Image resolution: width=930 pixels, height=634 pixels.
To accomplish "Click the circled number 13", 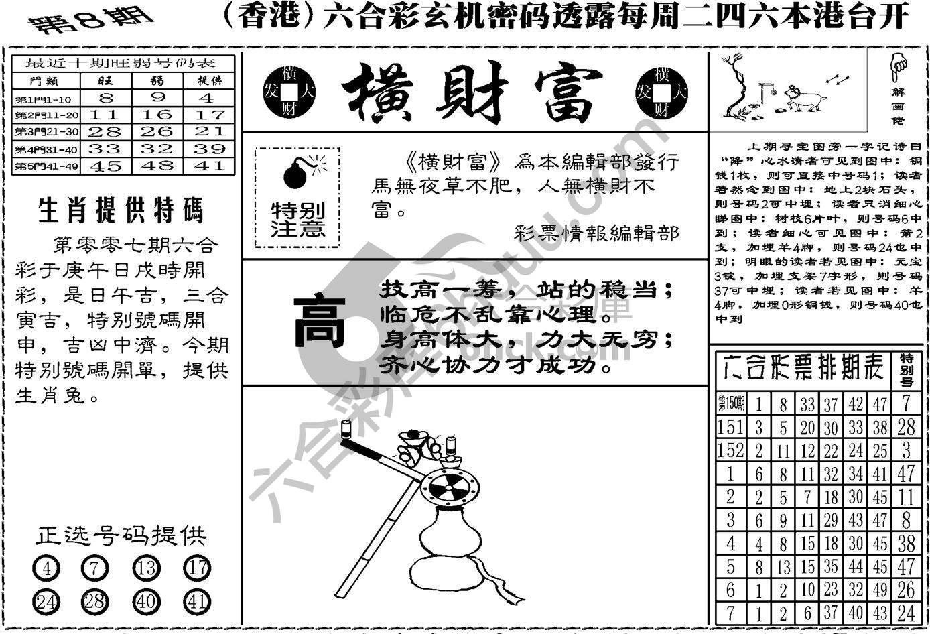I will [x=146, y=569].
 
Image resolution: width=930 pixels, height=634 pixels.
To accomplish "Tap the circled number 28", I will [x=95, y=601].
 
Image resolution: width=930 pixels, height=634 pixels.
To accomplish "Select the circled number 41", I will [x=196, y=601].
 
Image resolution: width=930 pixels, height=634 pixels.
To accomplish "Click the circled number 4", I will [x=46, y=569].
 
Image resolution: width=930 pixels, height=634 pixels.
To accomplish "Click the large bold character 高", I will [x=320, y=322].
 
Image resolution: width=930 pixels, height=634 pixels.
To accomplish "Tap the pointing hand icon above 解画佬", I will [x=898, y=66].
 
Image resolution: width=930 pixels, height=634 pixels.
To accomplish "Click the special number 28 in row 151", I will [x=906, y=427].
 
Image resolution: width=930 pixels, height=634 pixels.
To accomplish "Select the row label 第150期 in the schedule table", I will [x=730, y=404].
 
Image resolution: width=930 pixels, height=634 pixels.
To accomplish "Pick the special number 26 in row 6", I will [x=906, y=590].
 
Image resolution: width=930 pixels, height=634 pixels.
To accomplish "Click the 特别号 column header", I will [x=906, y=371].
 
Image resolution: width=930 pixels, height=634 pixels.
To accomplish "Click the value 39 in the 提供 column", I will [x=210, y=149].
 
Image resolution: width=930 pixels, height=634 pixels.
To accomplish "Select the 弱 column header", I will [x=157, y=81].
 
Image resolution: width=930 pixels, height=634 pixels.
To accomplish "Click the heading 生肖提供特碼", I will [x=121, y=210].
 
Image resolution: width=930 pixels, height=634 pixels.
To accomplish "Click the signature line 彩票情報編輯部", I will [x=596, y=233].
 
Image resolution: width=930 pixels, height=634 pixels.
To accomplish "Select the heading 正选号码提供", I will [x=121, y=535].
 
